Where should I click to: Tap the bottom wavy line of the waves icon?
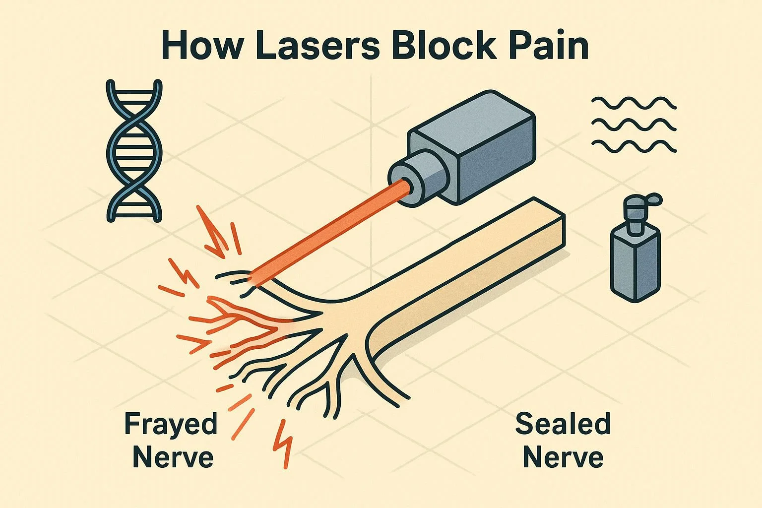click(x=634, y=145)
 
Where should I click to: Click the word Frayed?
click(x=171, y=425)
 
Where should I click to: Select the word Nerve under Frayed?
click(x=173, y=457)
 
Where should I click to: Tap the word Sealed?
click(x=563, y=425)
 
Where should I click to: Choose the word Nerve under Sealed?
click(x=563, y=457)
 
